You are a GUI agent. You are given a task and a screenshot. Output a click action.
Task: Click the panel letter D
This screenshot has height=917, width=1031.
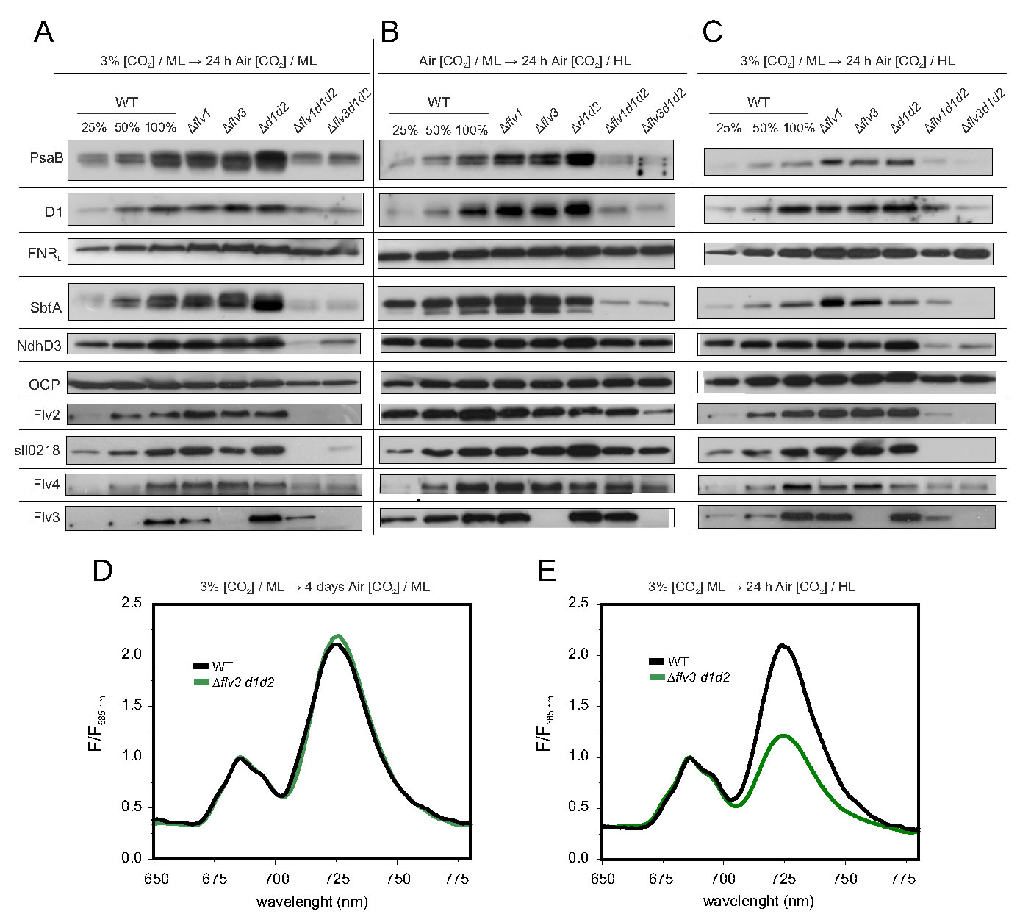tap(102, 570)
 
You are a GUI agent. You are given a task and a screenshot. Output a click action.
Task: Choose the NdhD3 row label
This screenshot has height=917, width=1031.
tap(40, 345)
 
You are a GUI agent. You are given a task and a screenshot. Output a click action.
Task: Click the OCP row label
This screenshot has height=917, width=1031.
tap(45, 384)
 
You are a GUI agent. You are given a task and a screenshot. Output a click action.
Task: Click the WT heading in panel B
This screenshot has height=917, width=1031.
tap(439, 102)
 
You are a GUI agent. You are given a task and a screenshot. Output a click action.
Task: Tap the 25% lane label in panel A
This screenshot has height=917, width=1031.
tap(94, 127)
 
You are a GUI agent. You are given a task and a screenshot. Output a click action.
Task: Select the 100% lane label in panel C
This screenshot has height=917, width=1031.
tap(798, 128)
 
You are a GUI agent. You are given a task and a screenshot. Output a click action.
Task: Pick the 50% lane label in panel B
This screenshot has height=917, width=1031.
tap(438, 130)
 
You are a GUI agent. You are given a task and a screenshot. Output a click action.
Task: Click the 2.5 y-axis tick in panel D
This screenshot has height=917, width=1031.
tap(132, 604)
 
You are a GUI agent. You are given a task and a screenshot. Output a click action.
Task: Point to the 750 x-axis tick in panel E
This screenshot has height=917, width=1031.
tap(845, 879)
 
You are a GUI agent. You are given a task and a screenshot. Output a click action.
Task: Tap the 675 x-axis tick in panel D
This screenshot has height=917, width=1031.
tap(215, 879)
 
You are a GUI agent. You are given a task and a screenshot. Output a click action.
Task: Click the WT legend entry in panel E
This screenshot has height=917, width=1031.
tap(678, 662)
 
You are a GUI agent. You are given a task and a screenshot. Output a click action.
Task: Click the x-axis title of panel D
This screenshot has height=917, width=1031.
tap(312, 901)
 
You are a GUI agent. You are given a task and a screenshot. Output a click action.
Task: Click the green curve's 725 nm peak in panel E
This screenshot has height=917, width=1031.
tap(784, 735)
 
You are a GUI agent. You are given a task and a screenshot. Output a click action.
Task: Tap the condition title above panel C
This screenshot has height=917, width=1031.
tap(847, 61)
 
